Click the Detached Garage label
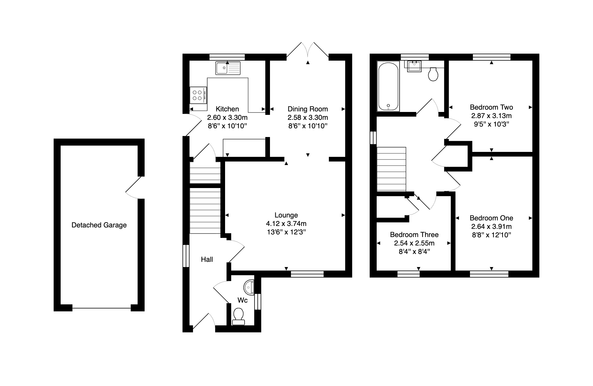click(x=99, y=225)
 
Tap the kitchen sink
click(x=228, y=68)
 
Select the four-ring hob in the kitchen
click(x=198, y=95)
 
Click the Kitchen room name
click(x=227, y=109)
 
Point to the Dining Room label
click(x=308, y=109)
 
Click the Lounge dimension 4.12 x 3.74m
click(x=286, y=224)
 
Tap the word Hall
click(x=207, y=259)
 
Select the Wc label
click(x=243, y=300)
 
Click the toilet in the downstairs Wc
click(x=238, y=316)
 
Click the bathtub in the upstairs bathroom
click(x=388, y=86)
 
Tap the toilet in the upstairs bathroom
click(x=434, y=74)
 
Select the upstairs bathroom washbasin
click(x=414, y=66)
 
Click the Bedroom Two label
click(x=491, y=107)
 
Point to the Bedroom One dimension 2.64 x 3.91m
click(x=491, y=227)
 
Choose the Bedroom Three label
click(x=414, y=235)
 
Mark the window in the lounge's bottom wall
click(x=307, y=274)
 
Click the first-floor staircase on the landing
click(x=391, y=169)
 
